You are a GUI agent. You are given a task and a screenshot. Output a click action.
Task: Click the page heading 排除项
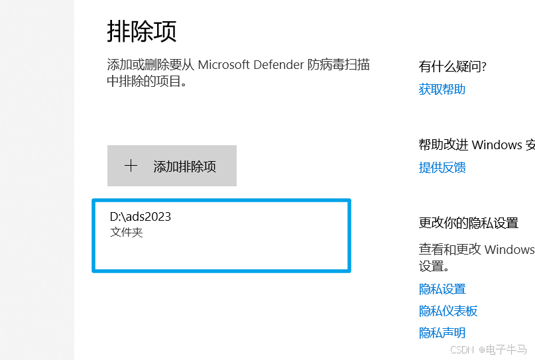[x=141, y=31]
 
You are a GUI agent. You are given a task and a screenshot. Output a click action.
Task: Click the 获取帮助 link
[x=442, y=90]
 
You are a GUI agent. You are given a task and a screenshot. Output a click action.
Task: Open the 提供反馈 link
[x=442, y=168]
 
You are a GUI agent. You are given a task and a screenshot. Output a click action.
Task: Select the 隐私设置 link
[x=442, y=289]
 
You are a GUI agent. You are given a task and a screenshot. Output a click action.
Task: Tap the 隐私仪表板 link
[x=447, y=311]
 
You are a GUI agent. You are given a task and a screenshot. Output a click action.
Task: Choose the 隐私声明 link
[x=442, y=333]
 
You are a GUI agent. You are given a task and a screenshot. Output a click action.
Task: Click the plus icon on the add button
[x=131, y=166]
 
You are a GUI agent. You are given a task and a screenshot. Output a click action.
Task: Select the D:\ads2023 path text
[x=141, y=217]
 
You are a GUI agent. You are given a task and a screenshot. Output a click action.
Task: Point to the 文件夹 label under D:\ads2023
[x=126, y=232]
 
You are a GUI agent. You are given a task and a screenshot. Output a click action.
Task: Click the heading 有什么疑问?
[x=453, y=66]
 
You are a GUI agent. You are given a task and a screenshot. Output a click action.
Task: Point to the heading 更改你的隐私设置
[x=468, y=223]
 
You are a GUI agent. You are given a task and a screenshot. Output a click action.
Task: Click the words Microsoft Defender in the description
[x=251, y=65]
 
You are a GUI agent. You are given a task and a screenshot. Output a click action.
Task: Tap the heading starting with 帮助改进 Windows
[x=476, y=145]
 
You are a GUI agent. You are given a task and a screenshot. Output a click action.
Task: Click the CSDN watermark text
[x=459, y=349]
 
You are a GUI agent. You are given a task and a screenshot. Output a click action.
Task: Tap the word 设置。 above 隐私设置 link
[x=434, y=267]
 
